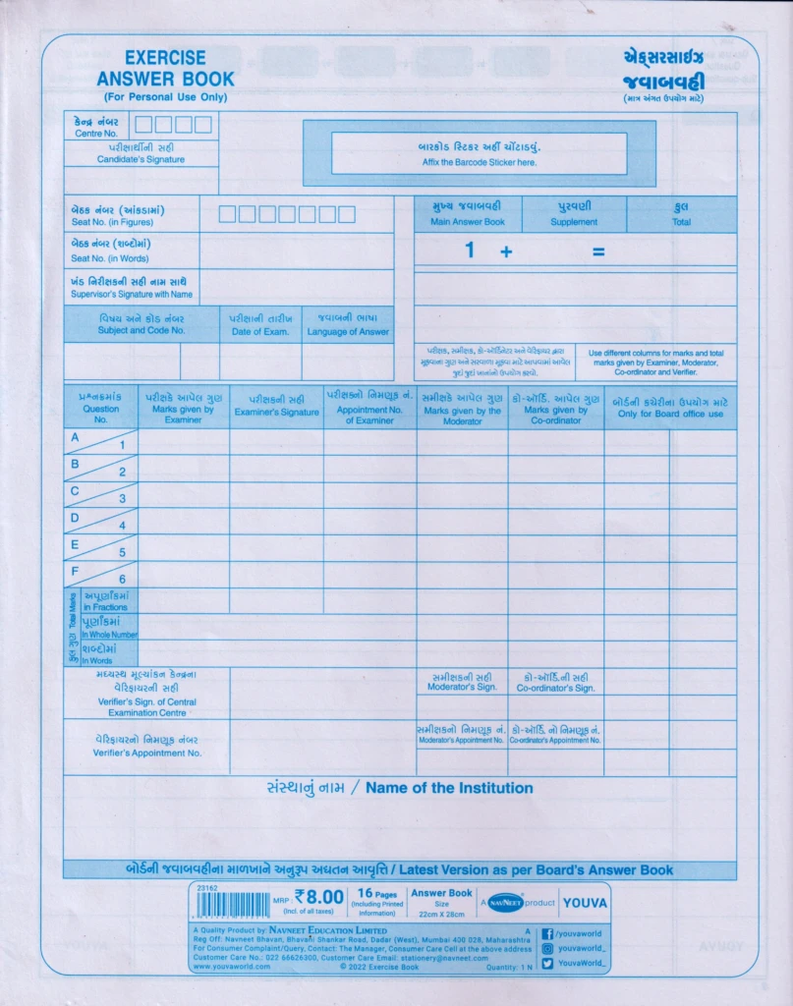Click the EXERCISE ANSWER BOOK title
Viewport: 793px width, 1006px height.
coord(165,69)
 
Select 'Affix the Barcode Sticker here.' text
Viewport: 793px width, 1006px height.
coord(480,162)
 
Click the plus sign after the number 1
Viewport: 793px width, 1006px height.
coord(506,251)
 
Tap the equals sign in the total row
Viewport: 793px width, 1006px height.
coord(597,251)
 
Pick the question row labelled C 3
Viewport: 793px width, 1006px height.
coord(100,494)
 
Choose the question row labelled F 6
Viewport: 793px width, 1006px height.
coord(100,575)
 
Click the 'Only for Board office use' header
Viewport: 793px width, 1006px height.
coord(669,407)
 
